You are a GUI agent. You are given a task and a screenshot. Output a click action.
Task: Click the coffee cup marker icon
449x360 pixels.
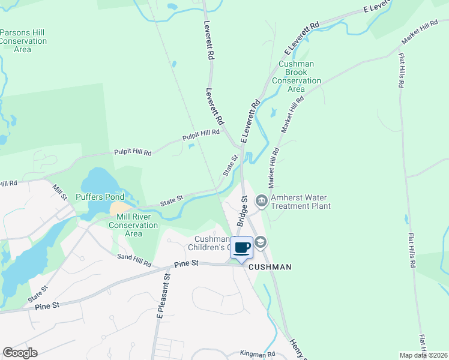pos(242,248)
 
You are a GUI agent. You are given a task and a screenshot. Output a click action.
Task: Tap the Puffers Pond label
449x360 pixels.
pos(100,197)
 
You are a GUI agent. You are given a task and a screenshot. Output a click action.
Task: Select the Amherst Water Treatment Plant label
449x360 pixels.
pos(300,202)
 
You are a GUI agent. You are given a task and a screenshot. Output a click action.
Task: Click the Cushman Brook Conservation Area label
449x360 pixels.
pos(297,76)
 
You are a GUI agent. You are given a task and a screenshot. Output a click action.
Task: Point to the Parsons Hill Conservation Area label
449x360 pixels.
pos(23,41)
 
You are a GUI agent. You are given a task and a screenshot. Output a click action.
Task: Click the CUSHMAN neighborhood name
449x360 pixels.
pos(270,267)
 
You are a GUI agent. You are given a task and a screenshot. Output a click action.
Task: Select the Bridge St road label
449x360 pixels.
pos(242,211)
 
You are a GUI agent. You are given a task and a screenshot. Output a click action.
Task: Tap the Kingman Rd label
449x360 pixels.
pos(257,355)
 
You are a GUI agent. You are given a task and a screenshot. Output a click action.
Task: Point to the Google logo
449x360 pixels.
pos(20,353)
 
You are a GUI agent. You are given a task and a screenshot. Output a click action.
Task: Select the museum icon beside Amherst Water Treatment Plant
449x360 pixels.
pos(261,202)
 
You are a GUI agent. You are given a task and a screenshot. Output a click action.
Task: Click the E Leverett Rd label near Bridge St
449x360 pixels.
pos(250,121)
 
